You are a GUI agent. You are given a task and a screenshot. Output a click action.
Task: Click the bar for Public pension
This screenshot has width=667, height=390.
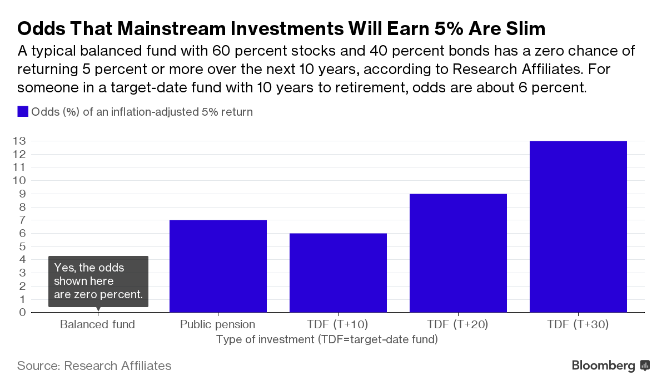pyautogui.click(x=218, y=266)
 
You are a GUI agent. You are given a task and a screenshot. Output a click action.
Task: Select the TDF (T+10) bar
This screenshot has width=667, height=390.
pyautogui.click(x=338, y=273)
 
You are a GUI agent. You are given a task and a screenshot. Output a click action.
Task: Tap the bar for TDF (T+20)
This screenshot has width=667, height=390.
pyautogui.click(x=458, y=253)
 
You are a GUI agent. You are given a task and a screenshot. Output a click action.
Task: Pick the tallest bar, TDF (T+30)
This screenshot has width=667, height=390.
pyautogui.click(x=578, y=226)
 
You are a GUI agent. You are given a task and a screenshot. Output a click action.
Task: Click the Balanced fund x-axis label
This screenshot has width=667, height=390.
pyautogui.click(x=97, y=324)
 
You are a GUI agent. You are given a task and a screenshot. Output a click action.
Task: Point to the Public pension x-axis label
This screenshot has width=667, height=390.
pyautogui.click(x=217, y=324)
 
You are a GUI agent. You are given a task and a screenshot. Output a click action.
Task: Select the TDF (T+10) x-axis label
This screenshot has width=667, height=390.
pyautogui.click(x=338, y=324)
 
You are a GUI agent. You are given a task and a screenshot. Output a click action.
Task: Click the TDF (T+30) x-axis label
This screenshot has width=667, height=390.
pyautogui.click(x=578, y=324)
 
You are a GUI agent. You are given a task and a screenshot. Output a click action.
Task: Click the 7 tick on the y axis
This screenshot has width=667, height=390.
pyautogui.click(x=22, y=220)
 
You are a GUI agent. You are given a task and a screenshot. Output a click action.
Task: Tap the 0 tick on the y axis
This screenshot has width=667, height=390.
pyautogui.click(x=22, y=312)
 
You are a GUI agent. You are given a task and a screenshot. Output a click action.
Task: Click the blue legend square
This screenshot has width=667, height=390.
pyautogui.click(x=23, y=112)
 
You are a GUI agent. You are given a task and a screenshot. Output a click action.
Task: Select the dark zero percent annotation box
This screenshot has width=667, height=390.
pyautogui.click(x=98, y=281)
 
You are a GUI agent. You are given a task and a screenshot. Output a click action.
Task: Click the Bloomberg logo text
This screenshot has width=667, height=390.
pyautogui.click(x=603, y=366)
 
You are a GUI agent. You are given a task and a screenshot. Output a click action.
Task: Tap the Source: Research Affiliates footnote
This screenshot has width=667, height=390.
pyautogui.click(x=94, y=366)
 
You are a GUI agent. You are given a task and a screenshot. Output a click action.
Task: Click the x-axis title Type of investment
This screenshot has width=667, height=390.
pyautogui.click(x=327, y=339)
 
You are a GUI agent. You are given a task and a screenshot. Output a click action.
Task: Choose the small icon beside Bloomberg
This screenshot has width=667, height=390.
pyautogui.click(x=645, y=366)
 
